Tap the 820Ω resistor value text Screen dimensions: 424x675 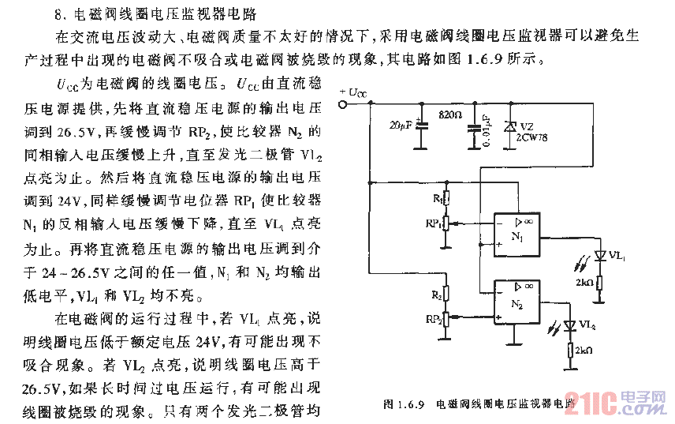tap(449, 114)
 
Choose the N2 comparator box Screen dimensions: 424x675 tap(517, 303)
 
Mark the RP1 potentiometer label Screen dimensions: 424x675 tap(433, 224)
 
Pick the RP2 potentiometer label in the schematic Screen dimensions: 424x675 tap(433, 319)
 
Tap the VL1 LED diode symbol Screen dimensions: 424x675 tap(601, 255)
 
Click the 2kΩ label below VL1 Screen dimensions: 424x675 tap(584, 282)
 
